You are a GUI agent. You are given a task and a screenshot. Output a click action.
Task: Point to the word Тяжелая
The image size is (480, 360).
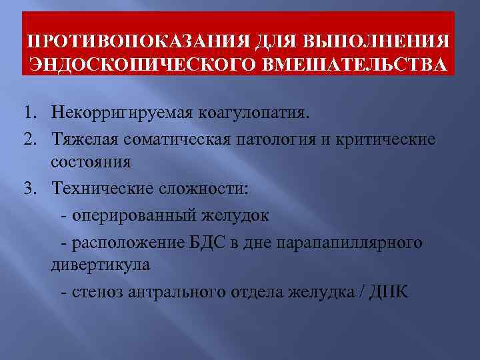tap(82, 138)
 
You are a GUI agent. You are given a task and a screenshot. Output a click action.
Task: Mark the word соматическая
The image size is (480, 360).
tap(169, 138)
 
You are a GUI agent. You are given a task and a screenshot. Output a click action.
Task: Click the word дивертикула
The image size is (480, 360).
tap(100, 265)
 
